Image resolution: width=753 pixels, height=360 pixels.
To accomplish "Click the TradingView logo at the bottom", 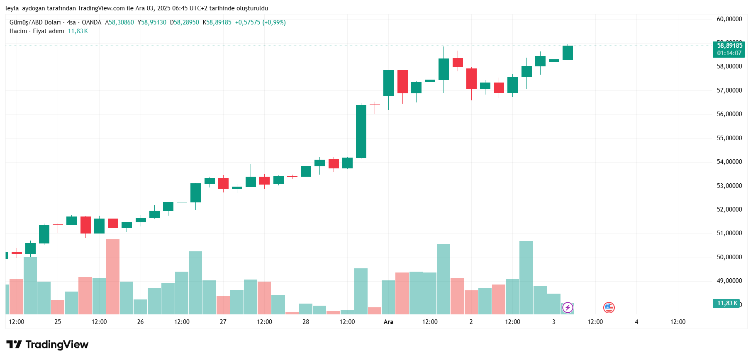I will [x=47, y=345].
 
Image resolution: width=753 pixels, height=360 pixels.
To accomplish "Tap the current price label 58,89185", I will [x=729, y=46].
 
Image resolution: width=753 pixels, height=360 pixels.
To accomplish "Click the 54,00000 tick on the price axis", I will [x=729, y=162].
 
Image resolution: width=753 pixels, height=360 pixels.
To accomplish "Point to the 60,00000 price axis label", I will [x=729, y=19].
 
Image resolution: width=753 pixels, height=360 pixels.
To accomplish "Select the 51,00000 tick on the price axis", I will [x=729, y=233].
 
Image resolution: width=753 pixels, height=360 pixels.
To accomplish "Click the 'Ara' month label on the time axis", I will [x=388, y=322].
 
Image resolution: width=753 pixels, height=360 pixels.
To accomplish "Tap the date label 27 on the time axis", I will [x=223, y=322].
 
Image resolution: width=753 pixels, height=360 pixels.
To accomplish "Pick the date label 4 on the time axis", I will [x=636, y=322].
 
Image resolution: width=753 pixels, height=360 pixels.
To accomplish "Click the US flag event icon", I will [x=609, y=308].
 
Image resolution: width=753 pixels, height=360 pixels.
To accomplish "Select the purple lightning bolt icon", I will [x=568, y=308].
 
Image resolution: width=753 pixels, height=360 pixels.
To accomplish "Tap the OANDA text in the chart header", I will [x=91, y=22].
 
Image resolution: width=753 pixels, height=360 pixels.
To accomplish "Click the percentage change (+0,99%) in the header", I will [x=274, y=22].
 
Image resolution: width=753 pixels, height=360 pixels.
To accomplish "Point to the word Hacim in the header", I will [x=18, y=31].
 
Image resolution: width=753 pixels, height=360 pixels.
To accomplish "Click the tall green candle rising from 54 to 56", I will [x=361, y=131].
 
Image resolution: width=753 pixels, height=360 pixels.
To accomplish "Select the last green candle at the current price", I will [x=568, y=53].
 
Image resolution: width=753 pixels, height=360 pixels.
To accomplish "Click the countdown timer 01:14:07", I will [x=729, y=53].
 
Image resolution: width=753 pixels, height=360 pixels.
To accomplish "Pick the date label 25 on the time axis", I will [x=58, y=322].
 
